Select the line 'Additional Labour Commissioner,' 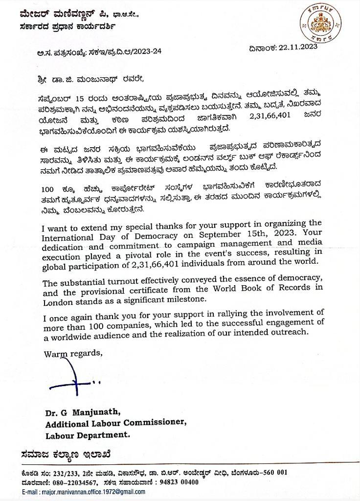pos(116,423)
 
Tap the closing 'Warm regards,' pos(73,353)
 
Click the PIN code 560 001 pos(274,473)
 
